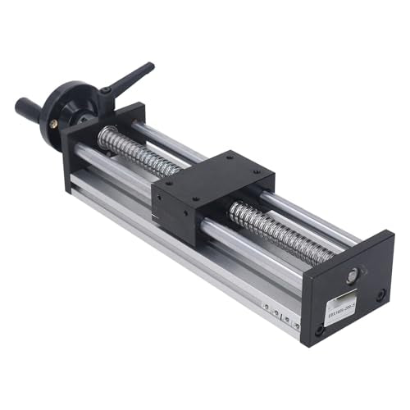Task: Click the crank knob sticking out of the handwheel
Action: [x=30, y=107]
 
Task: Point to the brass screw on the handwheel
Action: [x=54, y=123]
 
